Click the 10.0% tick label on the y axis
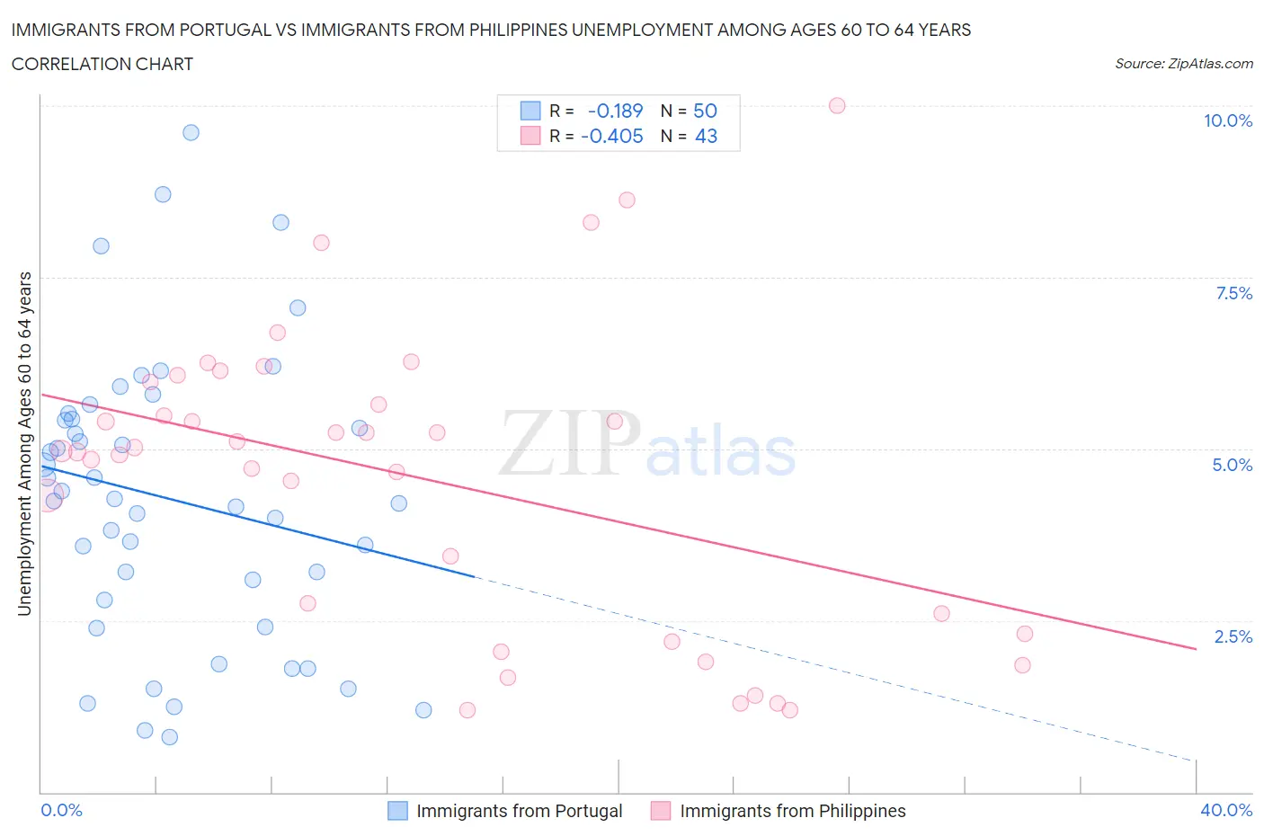click(x=1228, y=121)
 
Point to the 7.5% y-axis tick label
click(x=1233, y=293)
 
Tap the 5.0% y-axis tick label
click(x=1232, y=465)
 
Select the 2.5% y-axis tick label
click(x=1233, y=636)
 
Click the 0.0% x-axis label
click(x=61, y=810)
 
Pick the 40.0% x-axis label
click(x=1226, y=810)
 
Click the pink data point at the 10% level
click(x=837, y=106)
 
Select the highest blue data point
click(x=191, y=132)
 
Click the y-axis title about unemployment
click(x=24, y=443)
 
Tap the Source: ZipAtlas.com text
click(x=1183, y=64)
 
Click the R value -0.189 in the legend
click(x=615, y=111)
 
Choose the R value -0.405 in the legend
click(x=612, y=137)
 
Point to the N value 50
click(x=705, y=111)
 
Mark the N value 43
click(x=706, y=137)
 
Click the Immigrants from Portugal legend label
click(x=519, y=811)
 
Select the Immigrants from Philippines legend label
click(x=792, y=811)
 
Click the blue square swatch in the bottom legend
click(x=397, y=811)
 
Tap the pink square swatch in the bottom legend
click(x=661, y=811)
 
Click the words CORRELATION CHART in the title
click(x=102, y=64)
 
